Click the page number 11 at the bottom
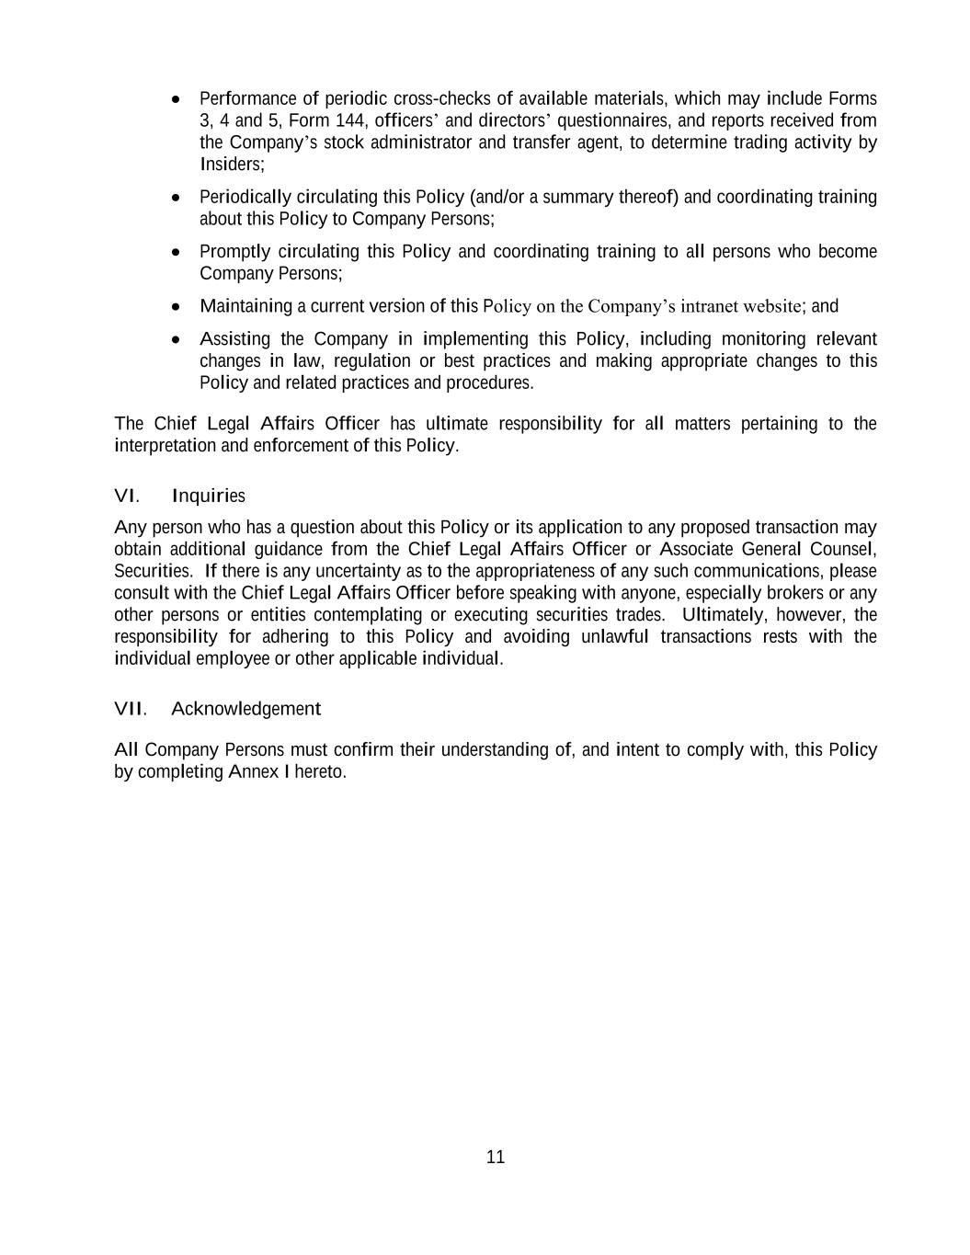click(x=496, y=1157)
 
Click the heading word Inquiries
click(x=208, y=496)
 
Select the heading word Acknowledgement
click(x=245, y=709)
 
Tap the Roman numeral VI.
click(x=126, y=496)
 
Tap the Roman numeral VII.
click(x=130, y=709)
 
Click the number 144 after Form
click(x=350, y=120)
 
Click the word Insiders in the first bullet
click(x=231, y=165)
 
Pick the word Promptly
click(x=234, y=252)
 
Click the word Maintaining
click(x=245, y=306)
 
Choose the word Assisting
click(x=234, y=339)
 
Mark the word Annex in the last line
click(x=253, y=771)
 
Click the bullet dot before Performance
click(x=177, y=98)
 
